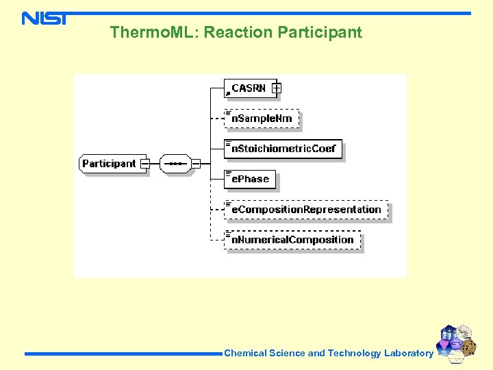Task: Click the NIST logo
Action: (44, 18)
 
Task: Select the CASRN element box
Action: (248, 88)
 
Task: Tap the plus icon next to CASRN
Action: (276, 88)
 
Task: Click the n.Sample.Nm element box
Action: (262, 119)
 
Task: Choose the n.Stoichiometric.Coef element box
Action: (283, 149)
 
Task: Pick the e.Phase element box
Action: (250, 179)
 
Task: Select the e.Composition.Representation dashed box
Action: (306, 210)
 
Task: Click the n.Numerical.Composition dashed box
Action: (292, 240)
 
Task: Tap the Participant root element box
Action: (110, 164)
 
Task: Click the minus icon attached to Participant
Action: (145, 164)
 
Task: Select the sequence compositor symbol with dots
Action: (175, 164)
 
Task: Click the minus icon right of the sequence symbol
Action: (196, 164)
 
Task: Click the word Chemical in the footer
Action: (245, 354)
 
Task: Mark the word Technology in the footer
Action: (354, 354)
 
